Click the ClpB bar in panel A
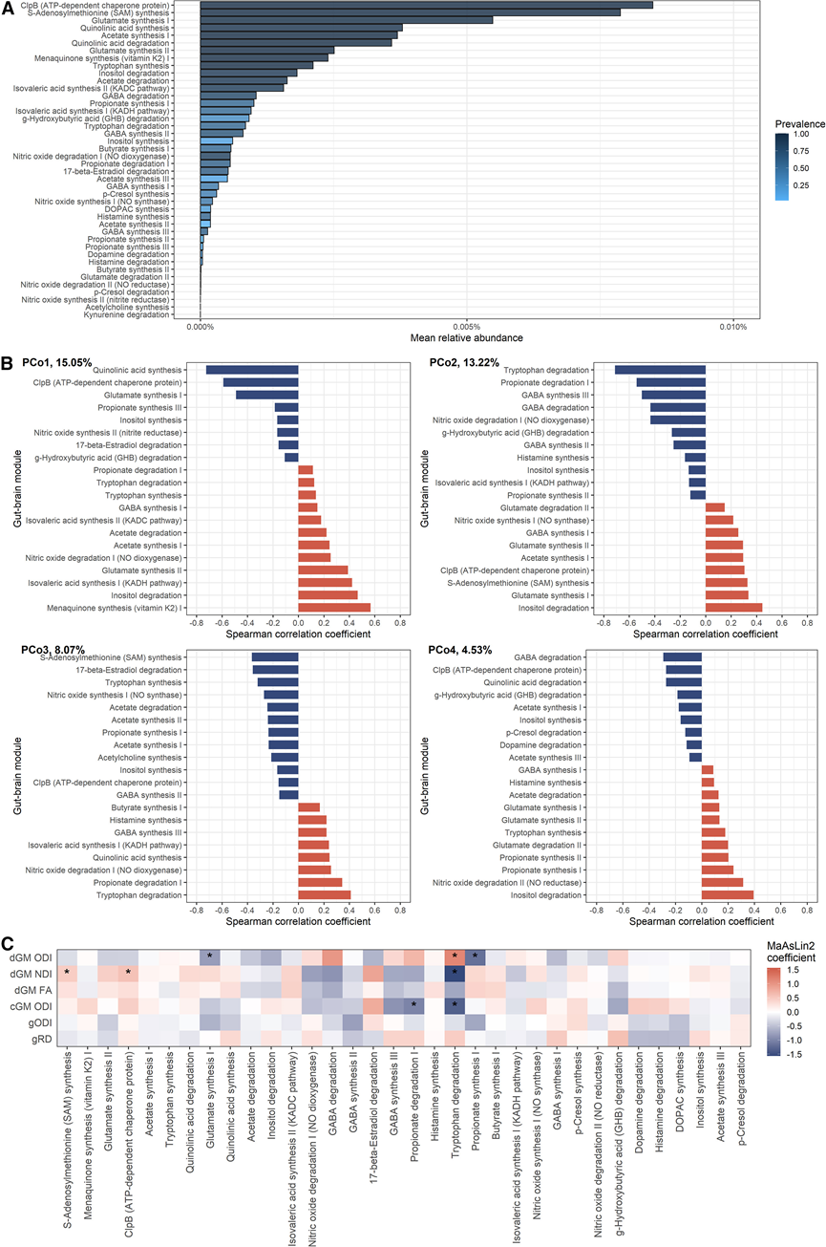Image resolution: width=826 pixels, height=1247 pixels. [427, 5]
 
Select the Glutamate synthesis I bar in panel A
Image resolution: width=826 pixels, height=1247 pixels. [347, 19]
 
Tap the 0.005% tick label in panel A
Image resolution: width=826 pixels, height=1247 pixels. [466, 326]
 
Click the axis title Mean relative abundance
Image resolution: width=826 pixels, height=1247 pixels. [466, 338]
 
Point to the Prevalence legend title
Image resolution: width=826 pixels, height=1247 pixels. [799, 123]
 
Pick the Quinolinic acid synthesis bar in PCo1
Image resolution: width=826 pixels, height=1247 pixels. [252, 370]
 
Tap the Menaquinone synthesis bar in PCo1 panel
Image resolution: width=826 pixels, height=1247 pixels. [334, 607]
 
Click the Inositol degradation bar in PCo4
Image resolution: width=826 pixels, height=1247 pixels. [728, 894]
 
